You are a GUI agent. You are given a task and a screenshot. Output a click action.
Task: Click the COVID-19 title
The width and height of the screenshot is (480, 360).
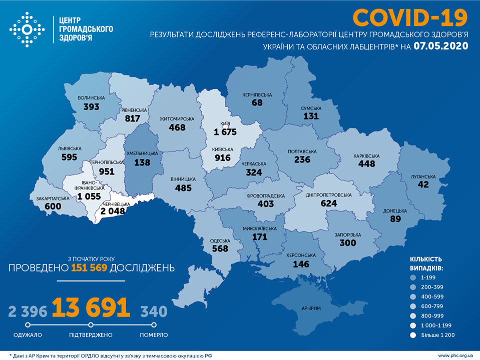(x=410, y=17)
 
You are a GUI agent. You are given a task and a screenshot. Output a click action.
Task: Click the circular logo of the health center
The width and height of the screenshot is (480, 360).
(x=27, y=30)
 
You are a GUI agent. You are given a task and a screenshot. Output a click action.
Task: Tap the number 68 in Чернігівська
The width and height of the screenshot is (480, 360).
(x=257, y=102)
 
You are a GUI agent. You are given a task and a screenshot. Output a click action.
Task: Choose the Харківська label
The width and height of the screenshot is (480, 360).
(x=366, y=156)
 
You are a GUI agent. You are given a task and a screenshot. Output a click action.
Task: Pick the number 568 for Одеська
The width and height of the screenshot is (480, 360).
(x=220, y=248)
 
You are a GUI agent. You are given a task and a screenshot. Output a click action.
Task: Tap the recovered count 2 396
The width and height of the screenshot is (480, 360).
(x=28, y=312)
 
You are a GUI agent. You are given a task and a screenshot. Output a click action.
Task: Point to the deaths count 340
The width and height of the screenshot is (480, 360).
(x=154, y=312)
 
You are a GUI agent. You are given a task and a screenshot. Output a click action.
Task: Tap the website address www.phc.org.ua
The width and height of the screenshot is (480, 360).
(x=455, y=355)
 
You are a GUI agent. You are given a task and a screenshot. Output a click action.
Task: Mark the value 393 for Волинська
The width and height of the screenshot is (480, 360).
(x=92, y=106)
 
